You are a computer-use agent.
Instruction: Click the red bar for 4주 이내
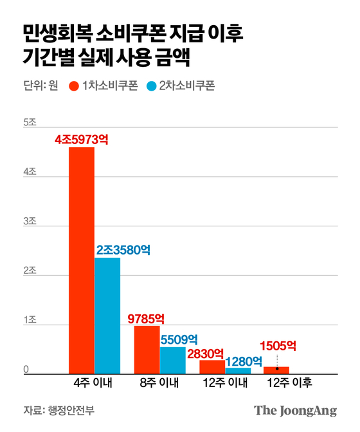click(82, 260)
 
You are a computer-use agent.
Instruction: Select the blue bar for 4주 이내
click(107, 316)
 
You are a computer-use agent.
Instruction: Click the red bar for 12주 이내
click(212, 367)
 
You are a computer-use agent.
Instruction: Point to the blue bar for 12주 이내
click(238, 370)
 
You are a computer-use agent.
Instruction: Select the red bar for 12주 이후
click(276, 370)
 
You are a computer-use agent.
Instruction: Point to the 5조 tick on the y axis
click(30, 122)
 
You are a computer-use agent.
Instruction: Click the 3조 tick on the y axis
click(30, 222)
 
